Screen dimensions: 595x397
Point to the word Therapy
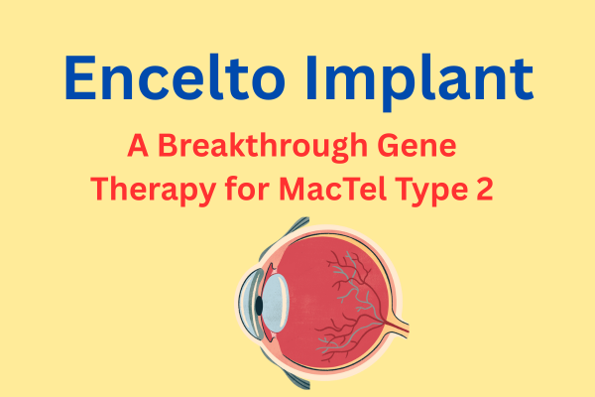coord(154,191)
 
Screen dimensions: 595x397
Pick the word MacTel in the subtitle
coord(333,188)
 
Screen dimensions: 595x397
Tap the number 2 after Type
coord(485,189)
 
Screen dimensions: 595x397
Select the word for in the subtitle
coord(248,188)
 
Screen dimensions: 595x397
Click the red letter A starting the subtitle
coord(138,145)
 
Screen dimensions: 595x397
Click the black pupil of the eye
coord(259,306)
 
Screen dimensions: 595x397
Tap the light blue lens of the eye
coord(276,303)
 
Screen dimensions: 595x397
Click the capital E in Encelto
coord(80,77)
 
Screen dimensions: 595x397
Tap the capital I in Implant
coord(312,77)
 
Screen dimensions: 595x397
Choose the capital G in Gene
coord(388,146)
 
